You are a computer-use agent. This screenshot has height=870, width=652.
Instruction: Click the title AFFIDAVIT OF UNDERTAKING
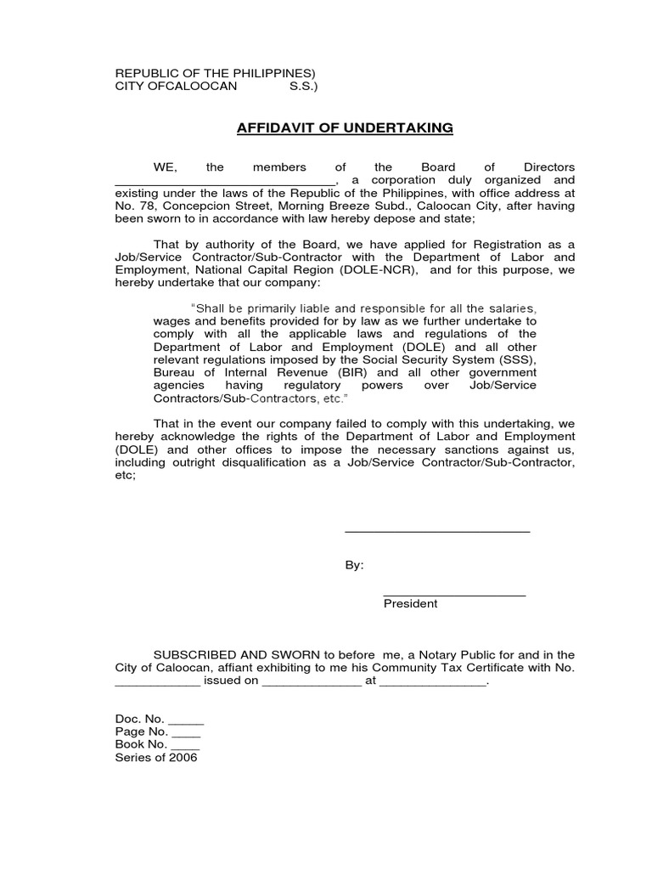click(x=344, y=128)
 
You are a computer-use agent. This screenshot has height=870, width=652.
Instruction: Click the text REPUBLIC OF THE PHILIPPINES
click(x=213, y=73)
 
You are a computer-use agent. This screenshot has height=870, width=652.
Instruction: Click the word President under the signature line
click(x=410, y=604)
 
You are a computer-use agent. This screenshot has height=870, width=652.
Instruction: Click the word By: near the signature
click(x=354, y=566)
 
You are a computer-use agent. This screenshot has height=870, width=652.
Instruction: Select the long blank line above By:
click(x=436, y=532)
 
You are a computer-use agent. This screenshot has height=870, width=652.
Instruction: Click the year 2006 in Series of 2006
click(x=183, y=758)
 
